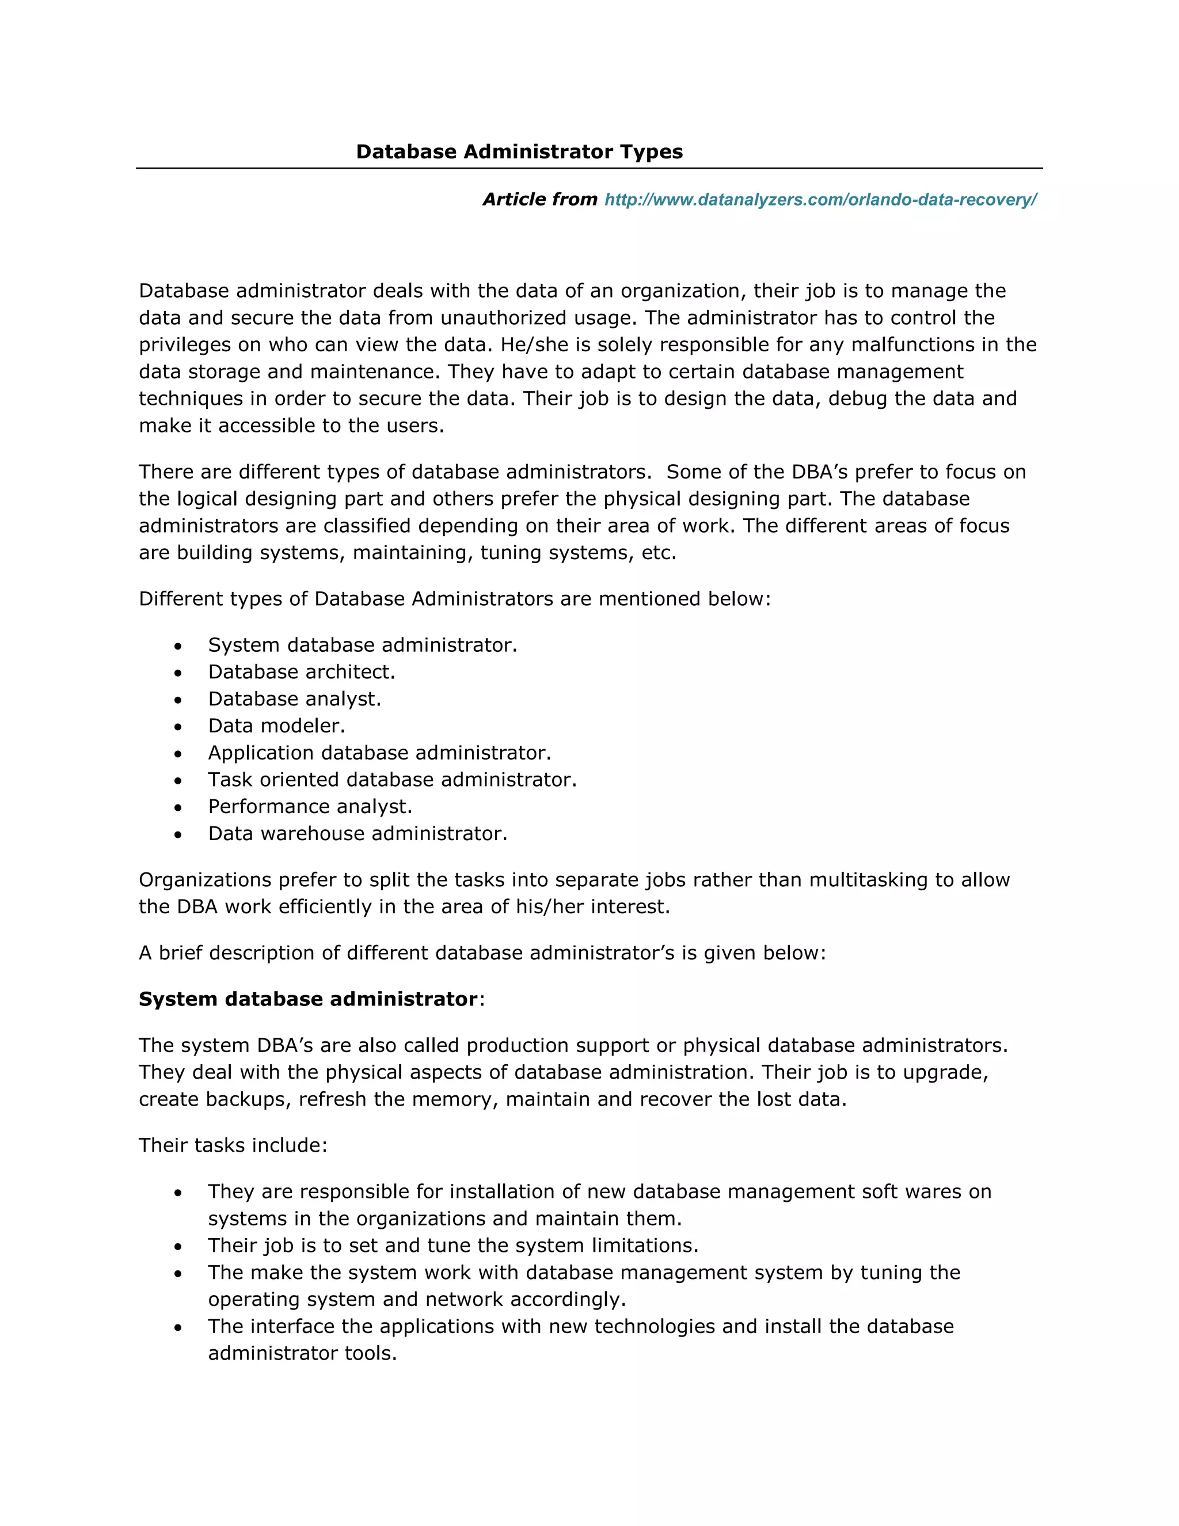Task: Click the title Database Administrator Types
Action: (519, 151)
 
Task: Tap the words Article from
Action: (539, 200)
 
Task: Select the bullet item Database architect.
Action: (302, 672)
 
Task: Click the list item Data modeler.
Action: (276, 726)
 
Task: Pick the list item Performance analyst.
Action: (310, 807)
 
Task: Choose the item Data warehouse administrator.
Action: (357, 834)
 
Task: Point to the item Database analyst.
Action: (295, 700)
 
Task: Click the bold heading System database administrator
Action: (308, 999)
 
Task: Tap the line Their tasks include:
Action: (233, 1145)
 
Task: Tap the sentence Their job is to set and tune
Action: (452, 1246)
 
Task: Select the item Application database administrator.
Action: (379, 753)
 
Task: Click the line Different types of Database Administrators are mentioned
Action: (454, 599)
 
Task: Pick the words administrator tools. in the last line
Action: (302, 1353)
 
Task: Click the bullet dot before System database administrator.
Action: (178, 646)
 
